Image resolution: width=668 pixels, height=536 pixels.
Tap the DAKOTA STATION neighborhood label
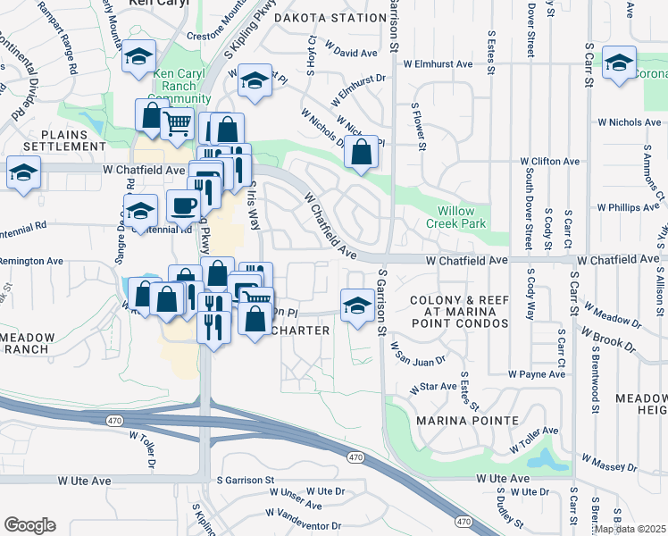[x=330, y=18]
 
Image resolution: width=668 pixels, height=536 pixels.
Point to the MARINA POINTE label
[x=468, y=420]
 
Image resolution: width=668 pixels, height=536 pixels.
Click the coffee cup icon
[x=184, y=206]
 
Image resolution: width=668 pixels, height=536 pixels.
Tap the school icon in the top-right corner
[x=619, y=63]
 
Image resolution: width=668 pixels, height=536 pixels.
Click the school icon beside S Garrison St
[x=357, y=305]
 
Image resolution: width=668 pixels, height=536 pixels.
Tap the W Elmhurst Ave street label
[x=438, y=64]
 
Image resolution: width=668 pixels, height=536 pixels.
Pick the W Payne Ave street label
[x=537, y=374]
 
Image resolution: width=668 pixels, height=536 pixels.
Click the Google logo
[x=29, y=524]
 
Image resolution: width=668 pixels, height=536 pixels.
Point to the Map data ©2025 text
[x=630, y=529]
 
